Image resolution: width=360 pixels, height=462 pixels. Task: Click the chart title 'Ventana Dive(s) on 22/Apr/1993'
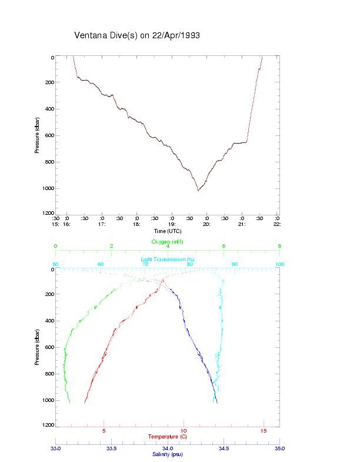(137, 35)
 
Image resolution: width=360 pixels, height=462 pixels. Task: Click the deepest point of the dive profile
(198, 191)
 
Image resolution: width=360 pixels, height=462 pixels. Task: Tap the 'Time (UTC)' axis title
(167, 231)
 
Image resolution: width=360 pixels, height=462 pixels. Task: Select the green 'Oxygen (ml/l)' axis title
(168, 242)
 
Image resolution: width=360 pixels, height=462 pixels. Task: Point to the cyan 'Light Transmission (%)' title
(168, 259)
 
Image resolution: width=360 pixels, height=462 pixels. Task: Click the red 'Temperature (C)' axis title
(168, 436)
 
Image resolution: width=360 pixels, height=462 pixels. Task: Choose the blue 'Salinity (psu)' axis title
(168, 454)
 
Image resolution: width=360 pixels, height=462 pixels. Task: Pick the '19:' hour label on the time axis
(172, 224)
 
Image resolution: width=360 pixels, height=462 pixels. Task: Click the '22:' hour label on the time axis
(277, 224)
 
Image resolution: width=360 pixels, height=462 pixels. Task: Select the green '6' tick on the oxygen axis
(224, 246)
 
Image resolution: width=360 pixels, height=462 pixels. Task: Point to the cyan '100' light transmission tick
(279, 264)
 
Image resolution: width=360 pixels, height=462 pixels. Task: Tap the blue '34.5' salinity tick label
(224, 448)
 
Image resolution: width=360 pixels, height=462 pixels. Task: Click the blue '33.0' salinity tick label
(56, 448)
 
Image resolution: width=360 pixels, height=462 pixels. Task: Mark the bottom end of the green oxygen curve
(69, 403)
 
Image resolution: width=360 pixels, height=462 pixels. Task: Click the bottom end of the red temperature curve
(85, 403)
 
